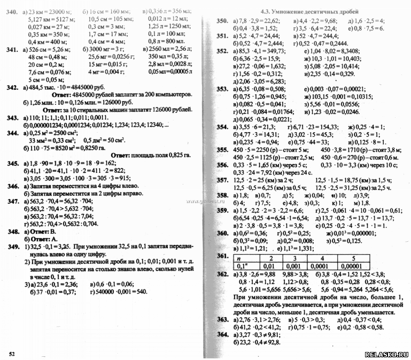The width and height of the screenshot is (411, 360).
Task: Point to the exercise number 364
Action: point(222,334)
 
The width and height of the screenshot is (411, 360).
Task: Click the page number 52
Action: point(12,354)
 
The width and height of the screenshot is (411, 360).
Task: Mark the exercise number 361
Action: point(222,257)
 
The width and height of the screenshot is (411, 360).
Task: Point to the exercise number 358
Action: point(222,196)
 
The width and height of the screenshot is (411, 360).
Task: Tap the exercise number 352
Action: point(222,51)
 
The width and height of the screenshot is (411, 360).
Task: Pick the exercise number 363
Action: point(222,319)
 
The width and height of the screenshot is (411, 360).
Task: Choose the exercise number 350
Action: point(222,21)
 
